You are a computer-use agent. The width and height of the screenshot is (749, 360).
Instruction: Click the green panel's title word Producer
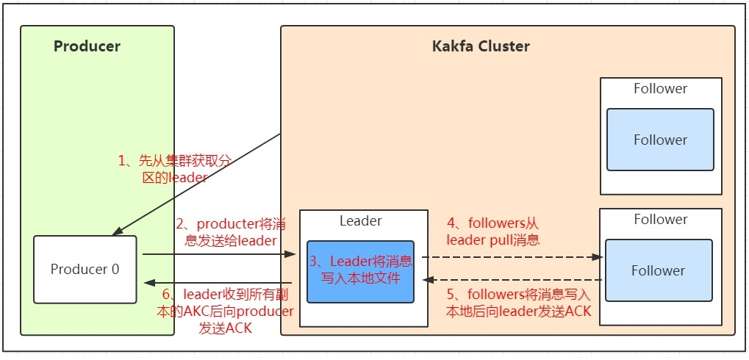tap(87, 46)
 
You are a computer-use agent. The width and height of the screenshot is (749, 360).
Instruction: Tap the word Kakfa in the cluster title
tap(453, 46)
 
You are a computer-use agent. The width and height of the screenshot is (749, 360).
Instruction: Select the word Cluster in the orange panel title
tap(503, 46)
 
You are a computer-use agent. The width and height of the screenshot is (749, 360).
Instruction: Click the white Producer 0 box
tap(85, 269)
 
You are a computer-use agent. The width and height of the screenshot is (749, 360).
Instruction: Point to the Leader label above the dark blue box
tap(360, 220)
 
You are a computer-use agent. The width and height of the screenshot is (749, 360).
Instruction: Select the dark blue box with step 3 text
tap(360, 271)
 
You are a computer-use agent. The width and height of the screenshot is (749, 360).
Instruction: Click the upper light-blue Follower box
tap(660, 140)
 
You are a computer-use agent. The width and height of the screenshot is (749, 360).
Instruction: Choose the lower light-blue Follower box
tap(658, 270)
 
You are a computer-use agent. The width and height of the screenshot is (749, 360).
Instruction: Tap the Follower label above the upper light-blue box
tap(660, 89)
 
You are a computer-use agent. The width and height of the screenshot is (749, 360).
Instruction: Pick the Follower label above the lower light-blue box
tap(660, 219)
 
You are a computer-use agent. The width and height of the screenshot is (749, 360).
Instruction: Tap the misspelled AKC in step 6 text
tap(188, 312)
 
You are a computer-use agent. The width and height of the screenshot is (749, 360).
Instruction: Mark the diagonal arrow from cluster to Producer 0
tap(198, 184)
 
